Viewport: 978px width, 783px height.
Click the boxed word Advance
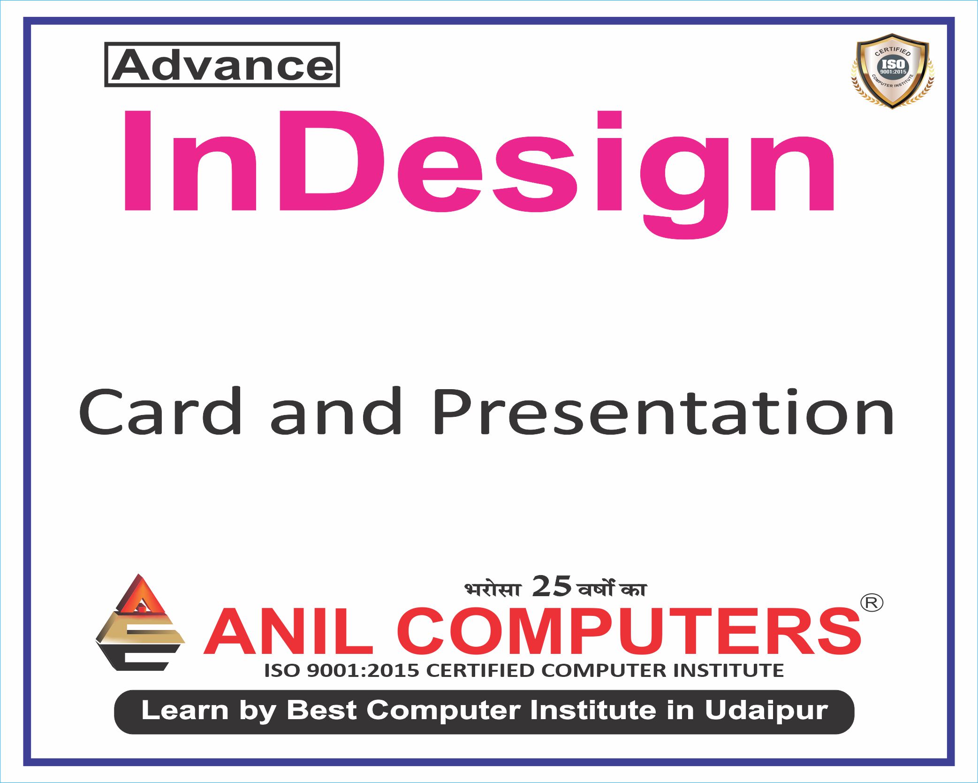222,65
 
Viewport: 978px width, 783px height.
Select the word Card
160,412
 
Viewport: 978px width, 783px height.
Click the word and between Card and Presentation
336,412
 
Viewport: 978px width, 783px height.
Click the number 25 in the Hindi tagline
552,586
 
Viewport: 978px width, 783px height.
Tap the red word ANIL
288,631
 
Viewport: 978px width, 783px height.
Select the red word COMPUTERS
629,631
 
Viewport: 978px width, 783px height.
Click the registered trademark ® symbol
872,602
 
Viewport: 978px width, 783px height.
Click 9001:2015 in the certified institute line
363,670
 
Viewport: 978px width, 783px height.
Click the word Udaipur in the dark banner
766,710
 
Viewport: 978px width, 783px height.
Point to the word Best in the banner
322,710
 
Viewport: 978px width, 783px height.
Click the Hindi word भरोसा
493,589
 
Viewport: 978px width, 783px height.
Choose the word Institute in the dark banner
592,710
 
